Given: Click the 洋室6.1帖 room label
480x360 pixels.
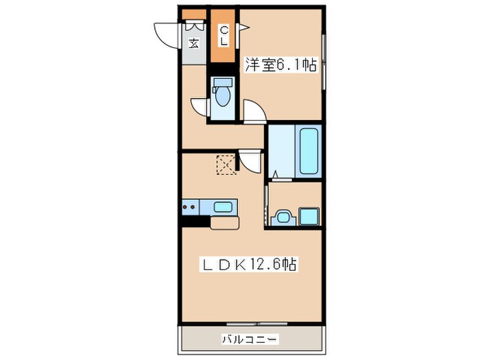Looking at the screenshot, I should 280,66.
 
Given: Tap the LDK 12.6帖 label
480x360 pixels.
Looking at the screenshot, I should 248,264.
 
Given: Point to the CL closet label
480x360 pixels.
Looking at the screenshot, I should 224,35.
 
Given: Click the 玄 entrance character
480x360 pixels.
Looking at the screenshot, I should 194,43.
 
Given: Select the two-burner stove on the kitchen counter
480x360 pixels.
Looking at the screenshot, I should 191,206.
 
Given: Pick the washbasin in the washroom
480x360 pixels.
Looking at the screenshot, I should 282,219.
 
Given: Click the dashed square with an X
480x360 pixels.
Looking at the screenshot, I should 225,164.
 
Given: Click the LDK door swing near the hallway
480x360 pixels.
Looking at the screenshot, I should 250,163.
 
